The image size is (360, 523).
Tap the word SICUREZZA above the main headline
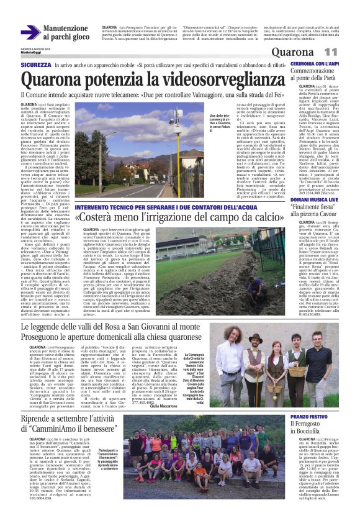(x=35, y=64)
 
